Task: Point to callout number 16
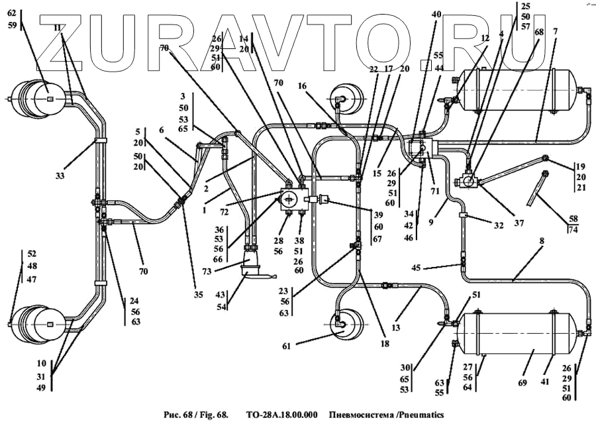point(302,85)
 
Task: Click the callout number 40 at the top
point(436,15)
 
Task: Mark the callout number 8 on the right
point(542,242)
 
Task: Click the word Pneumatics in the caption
point(416,415)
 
